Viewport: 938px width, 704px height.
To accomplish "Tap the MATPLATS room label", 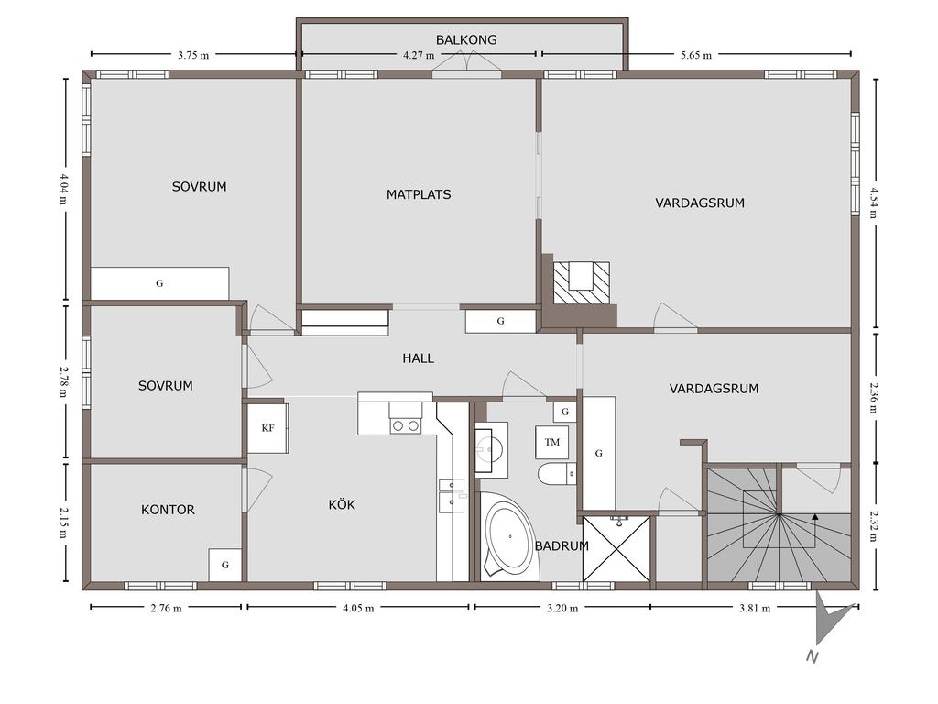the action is click(x=418, y=194).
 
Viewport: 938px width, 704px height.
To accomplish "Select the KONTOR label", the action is click(x=168, y=510).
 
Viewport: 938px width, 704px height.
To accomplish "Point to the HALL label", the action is click(x=418, y=358).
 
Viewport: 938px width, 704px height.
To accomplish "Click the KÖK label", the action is click(x=342, y=505).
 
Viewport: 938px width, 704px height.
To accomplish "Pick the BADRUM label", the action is click(x=562, y=546).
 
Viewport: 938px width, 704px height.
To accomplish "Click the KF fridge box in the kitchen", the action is click(x=268, y=428).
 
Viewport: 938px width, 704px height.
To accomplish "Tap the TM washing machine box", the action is click(x=551, y=443).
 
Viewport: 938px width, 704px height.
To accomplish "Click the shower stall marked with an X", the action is click(x=616, y=549).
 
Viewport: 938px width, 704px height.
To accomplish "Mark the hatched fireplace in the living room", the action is click(x=582, y=282).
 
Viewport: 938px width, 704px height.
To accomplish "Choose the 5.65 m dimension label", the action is click(x=696, y=56).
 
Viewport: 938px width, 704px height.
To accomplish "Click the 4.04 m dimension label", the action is click(x=64, y=189).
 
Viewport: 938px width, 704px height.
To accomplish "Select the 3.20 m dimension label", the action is click(x=562, y=609).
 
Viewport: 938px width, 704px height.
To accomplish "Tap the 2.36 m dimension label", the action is click(x=874, y=398).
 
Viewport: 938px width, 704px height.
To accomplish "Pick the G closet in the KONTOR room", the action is click(x=225, y=565).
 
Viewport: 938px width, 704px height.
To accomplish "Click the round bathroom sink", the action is click(x=491, y=448).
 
